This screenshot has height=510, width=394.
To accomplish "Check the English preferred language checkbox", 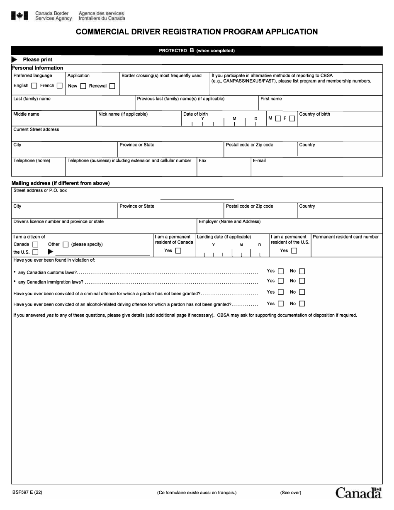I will coord(34,86).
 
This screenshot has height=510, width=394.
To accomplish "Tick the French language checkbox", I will coord(60,86).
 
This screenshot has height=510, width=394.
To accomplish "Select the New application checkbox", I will coord(83,86).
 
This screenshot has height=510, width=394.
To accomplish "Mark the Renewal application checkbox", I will coord(112,86).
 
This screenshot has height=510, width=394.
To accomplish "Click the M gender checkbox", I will coord(278,118).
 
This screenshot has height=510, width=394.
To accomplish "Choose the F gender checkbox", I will coord(292,118).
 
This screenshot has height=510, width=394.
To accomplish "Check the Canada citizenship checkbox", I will coord(35,245).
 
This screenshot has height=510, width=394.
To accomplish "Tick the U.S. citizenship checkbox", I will coord(35,252).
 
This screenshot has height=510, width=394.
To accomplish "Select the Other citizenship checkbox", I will coord(66,245).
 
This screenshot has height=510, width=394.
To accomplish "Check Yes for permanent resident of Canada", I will coord(178,251).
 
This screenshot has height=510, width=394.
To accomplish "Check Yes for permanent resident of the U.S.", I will coord(294,251).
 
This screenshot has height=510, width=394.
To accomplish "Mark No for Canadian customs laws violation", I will coord(302,271).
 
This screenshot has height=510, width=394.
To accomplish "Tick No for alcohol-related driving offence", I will coord(302,304).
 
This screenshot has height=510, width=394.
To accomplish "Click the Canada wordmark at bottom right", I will coord(358,493).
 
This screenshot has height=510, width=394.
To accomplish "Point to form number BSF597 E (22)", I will coord(27,493).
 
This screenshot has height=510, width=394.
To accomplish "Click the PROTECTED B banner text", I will coord(197,51).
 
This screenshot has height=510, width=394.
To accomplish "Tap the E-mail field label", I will coord(259,160).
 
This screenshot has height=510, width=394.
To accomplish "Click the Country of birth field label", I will coord(314,114).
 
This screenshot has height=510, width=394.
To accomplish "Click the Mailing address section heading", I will coord(61,183).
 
